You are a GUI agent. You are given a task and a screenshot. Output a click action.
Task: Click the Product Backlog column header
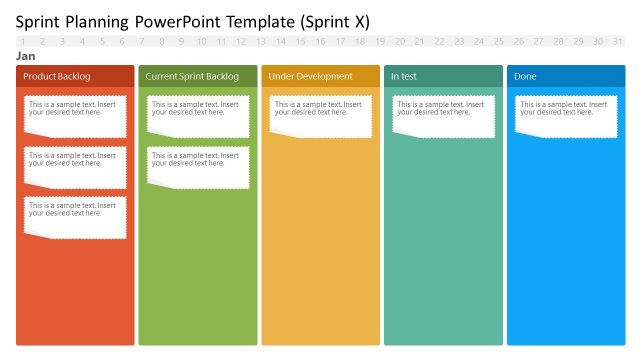[x=75, y=76]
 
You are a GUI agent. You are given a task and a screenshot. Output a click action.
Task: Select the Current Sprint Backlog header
[x=197, y=76]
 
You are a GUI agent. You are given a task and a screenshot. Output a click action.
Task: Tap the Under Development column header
[x=320, y=76]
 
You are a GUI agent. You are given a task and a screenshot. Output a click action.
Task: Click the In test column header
[x=443, y=76]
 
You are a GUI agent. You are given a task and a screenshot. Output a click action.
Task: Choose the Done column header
[x=566, y=76]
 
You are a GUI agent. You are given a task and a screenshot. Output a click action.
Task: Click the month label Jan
[x=26, y=57]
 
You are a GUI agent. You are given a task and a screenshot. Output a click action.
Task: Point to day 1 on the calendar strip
[x=23, y=41]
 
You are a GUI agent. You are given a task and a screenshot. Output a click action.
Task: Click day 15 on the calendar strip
[x=300, y=41]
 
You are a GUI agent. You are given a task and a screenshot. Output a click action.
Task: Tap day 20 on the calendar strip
[x=399, y=41]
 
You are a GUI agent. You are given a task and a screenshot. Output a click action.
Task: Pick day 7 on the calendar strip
[x=142, y=41]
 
